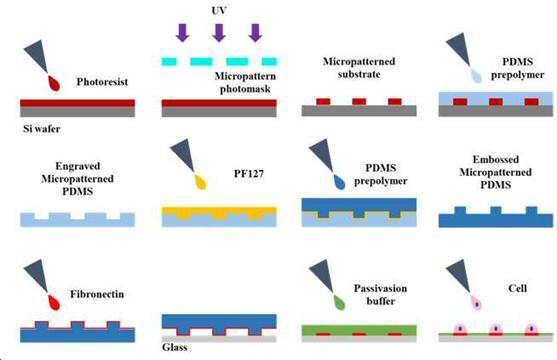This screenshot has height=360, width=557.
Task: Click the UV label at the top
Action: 219,11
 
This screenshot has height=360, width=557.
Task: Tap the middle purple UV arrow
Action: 219,33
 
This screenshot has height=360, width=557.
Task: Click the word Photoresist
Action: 102,82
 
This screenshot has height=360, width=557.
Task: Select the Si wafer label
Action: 42,129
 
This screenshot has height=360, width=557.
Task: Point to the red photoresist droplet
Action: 54,84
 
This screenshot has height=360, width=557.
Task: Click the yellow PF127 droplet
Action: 201,182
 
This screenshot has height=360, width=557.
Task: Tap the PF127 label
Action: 249,174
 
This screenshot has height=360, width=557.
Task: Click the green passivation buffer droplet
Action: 339,302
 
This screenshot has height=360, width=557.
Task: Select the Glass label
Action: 175,347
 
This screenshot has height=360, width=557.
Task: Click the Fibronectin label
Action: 97,294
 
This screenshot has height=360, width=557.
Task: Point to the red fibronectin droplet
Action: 54,302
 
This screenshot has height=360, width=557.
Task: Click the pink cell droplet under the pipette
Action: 477,302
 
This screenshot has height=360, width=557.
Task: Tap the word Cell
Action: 518,288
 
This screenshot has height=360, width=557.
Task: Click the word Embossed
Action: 496,159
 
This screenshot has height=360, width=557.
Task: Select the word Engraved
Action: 78,166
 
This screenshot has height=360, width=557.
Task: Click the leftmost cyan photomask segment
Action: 169,61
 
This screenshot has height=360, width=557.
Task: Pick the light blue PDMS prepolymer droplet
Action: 476,75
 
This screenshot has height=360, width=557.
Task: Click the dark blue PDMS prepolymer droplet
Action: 339,182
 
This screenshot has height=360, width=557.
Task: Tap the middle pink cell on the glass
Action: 496,329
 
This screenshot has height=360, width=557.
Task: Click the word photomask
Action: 245,89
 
